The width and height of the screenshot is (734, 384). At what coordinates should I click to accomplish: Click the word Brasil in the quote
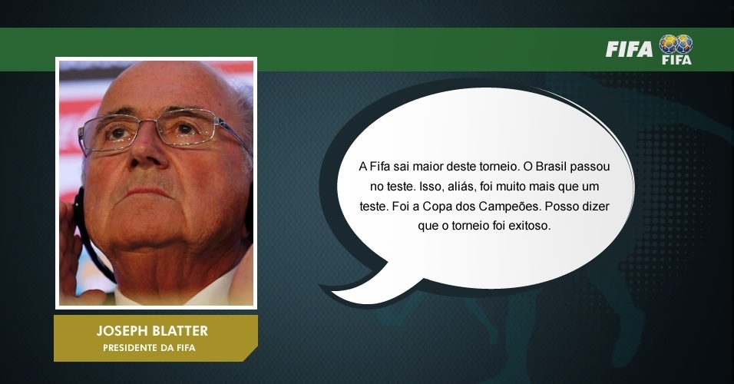pyautogui.click(x=551, y=167)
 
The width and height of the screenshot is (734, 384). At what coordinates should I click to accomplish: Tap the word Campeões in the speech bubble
pyautogui.click(x=510, y=206)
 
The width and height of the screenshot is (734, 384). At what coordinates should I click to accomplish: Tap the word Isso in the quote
pyautogui.click(x=430, y=187)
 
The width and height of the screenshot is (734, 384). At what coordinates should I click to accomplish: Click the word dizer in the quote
pyautogui.click(x=596, y=206)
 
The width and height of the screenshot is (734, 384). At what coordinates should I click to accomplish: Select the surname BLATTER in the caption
pyautogui.click(x=180, y=330)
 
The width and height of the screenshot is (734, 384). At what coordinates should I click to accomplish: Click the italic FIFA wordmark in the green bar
pyautogui.click(x=629, y=49)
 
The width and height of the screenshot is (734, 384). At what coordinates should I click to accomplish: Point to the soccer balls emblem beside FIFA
pyautogui.click(x=676, y=44)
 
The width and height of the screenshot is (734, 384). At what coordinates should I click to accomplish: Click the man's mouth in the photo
pyautogui.click(x=150, y=191)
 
